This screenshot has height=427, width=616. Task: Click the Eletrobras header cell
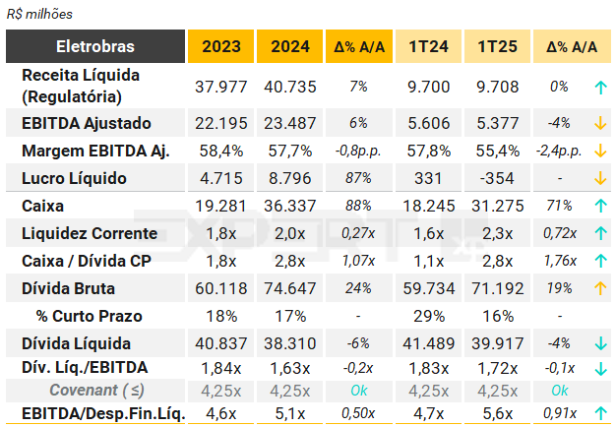click(95, 46)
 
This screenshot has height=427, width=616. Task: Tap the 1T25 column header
click(495, 46)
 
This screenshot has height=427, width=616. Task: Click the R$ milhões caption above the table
click(39, 15)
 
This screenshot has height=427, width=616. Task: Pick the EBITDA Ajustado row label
click(87, 123)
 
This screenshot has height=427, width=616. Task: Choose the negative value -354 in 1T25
click(495, 178)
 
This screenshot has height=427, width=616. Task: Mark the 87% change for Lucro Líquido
click(358, 178)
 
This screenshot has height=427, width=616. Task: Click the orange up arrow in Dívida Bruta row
click(598, 288)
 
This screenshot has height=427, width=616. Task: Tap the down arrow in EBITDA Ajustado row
click(598, 123)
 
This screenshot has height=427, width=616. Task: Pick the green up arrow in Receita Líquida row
click(598, 87)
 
